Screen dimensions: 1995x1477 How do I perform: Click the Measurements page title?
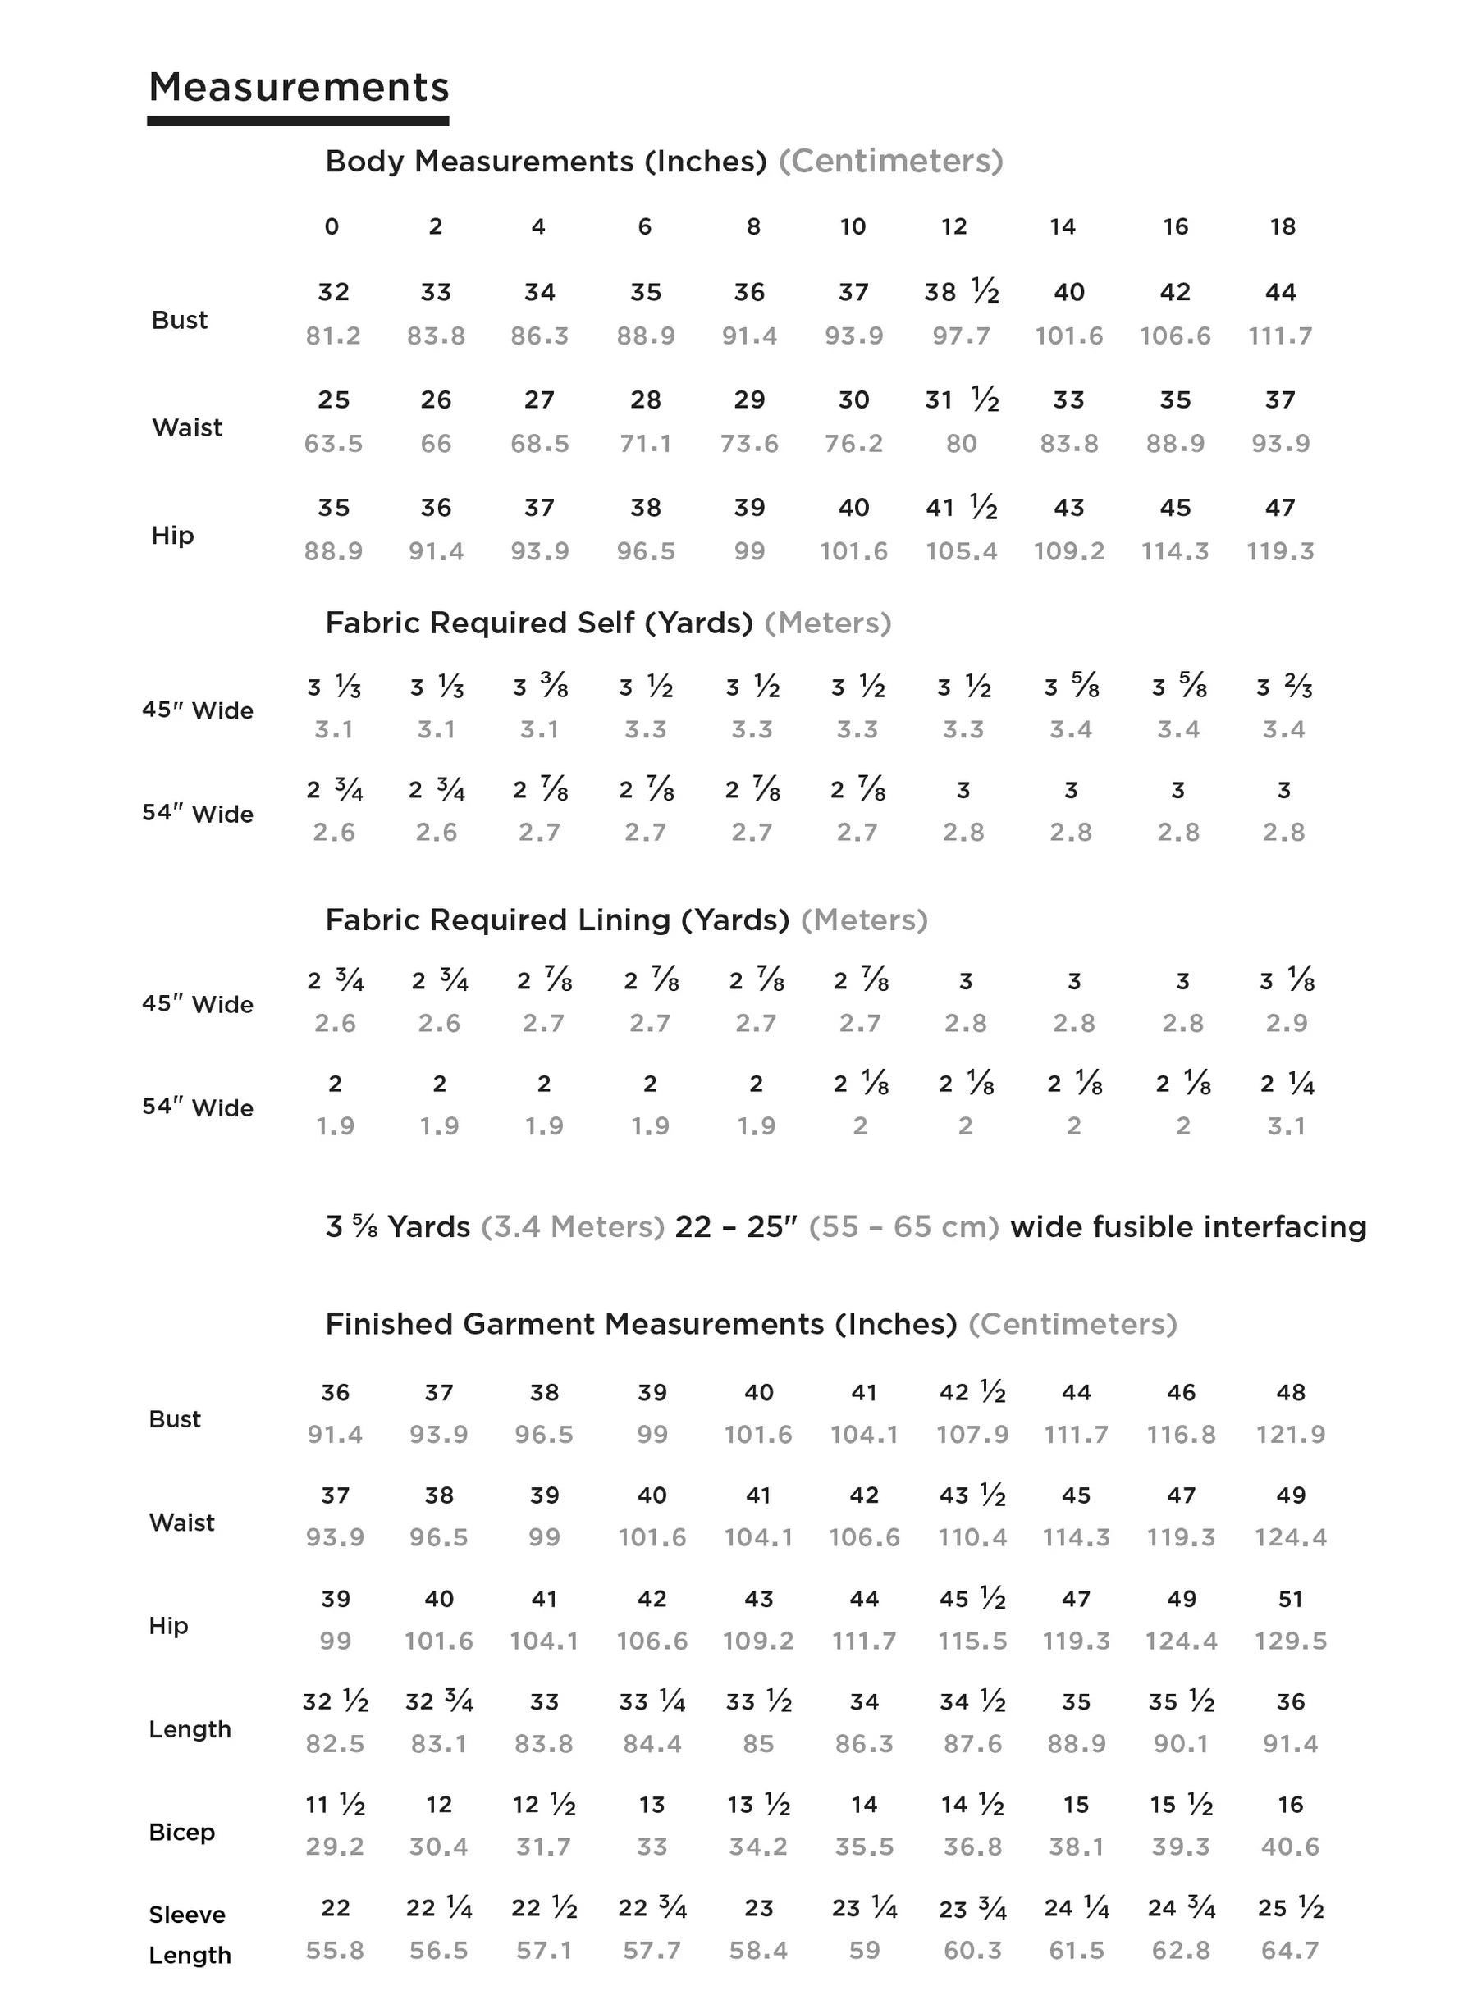(x=299, y=88)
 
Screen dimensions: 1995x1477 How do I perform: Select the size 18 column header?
(x=1282, y=227)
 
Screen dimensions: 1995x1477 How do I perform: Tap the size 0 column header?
(x=332, y=227)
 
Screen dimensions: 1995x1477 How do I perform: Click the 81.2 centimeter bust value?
(x=332, y=336)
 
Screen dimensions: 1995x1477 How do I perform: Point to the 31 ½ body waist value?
(x=961, y=399)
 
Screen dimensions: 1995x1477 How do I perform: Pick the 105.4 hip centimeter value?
(x=961, y=551)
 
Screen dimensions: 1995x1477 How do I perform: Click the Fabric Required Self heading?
(x=539, y=623)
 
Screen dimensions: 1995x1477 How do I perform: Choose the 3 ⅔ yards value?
(x=1283, y=687)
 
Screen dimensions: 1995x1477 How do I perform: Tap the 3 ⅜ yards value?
(x=540, y=687)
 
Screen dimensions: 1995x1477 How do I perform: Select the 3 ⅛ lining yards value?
(x=1287, y=980)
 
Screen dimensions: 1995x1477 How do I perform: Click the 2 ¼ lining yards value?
(x=1287, y=1084)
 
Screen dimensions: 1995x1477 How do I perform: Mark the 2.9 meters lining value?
(x=1287, y=1024)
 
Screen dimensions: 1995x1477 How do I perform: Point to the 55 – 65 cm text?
(x=903, y=1226)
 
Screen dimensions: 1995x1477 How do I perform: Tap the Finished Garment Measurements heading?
(x=641, y=1324)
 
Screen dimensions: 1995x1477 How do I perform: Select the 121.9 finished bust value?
(x=1290, y=1435)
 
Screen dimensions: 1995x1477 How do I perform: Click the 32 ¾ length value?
(x=439, y=1702)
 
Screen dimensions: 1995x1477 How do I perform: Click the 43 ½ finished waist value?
(x=972, y=1495)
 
